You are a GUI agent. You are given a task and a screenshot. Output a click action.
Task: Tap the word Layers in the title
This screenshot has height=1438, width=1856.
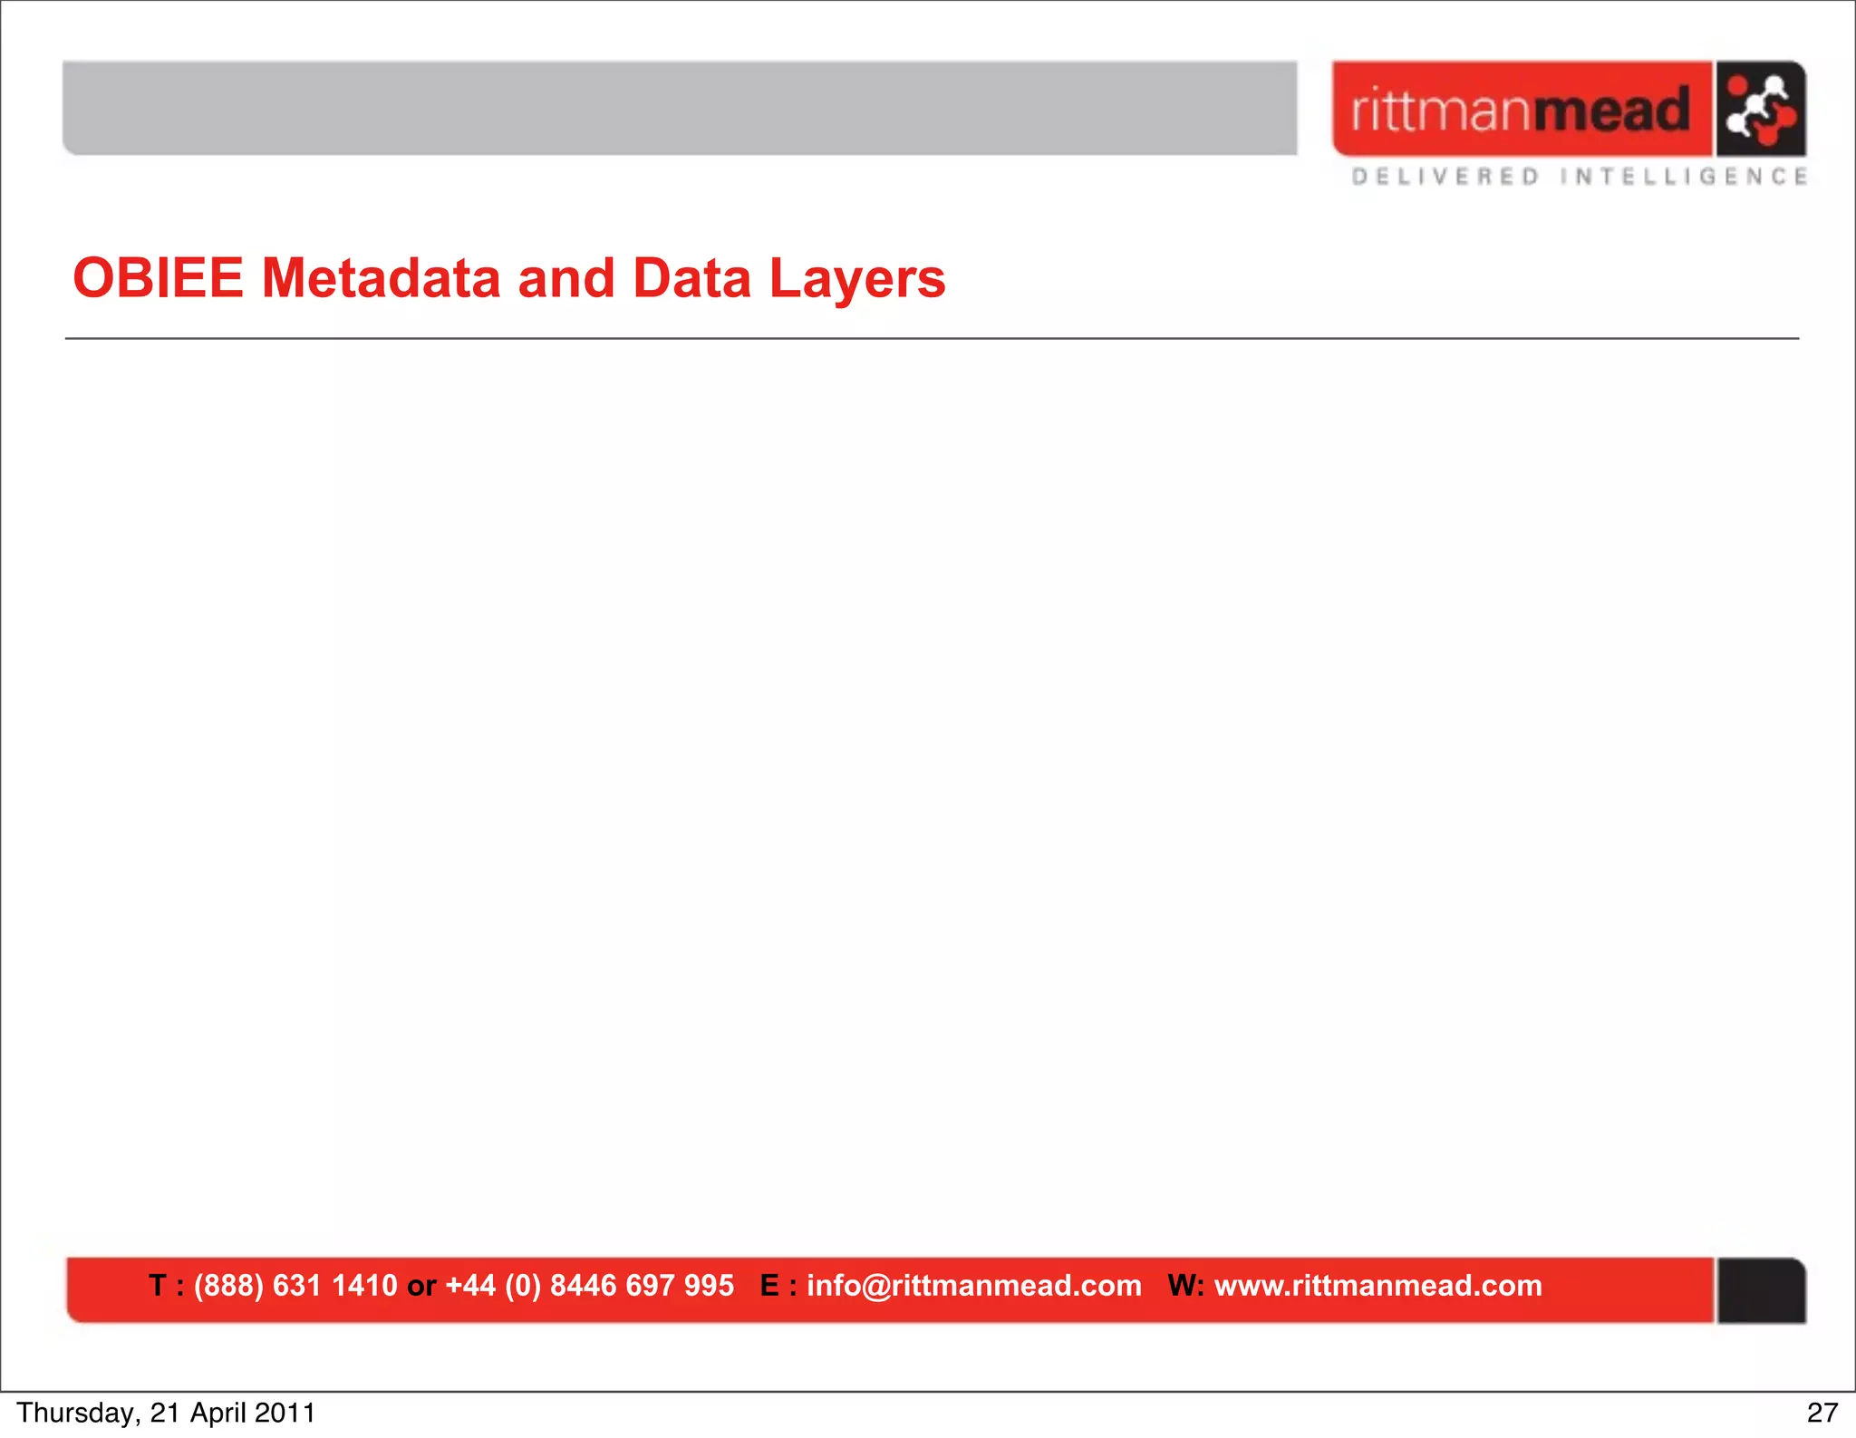coord(857,279)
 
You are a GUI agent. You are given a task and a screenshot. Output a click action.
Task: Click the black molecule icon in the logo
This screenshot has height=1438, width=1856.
coord(1760,109)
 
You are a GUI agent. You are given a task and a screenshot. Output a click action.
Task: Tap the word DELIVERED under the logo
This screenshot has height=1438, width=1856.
coord(1445,176)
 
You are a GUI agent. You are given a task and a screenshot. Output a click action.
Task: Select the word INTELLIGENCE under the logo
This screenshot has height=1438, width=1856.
coord(1684,176)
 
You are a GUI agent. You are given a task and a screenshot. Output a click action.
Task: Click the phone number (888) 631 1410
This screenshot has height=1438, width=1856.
coord(295,1285)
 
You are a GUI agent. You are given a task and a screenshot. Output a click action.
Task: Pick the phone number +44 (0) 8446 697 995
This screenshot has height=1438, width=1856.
coord(589,1285)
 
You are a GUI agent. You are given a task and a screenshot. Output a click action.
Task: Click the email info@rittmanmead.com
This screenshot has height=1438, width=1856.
coord(973,1285)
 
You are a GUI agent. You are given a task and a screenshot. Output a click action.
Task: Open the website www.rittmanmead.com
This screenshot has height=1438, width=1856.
coord(1377,1285)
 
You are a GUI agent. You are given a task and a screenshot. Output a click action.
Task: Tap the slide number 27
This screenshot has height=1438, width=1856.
coord(1822,1413)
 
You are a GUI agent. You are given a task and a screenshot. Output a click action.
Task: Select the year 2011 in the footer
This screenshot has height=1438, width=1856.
coord(285,1413)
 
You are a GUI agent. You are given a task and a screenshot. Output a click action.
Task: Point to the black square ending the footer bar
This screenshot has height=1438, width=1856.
coord(1760,1290)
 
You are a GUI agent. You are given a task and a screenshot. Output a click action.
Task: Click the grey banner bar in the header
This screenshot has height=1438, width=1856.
coord(680,108)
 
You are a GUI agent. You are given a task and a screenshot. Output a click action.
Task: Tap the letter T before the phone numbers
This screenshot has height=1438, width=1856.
coord(158,1285)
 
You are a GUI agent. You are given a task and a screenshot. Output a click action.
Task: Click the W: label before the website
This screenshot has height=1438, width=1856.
coord(1185,1285)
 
